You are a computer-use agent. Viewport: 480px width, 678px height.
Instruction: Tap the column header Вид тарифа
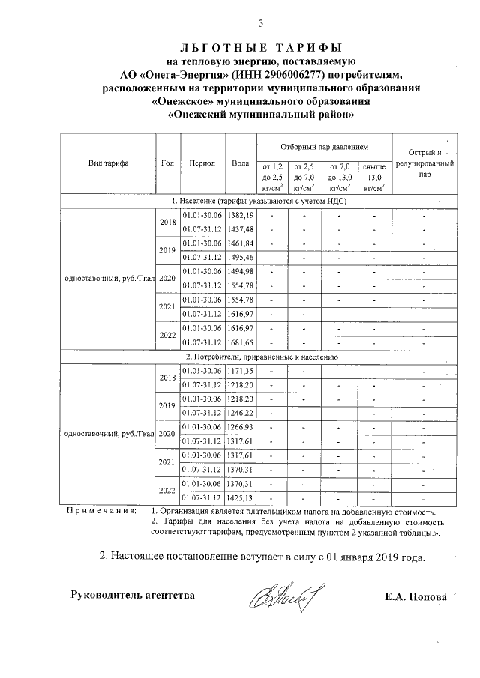click(108, 163)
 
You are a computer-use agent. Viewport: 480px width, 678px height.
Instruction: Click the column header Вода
click(241, 163)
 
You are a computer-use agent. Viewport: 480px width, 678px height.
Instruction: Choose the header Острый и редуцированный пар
click(424, 163)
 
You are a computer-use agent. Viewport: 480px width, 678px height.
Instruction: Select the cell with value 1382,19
click(241, 215)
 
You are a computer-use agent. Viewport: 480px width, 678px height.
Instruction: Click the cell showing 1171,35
click(241, 370)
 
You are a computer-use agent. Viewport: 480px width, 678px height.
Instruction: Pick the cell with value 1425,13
click(241, 497)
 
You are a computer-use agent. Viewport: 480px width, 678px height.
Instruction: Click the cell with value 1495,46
click(241, 257)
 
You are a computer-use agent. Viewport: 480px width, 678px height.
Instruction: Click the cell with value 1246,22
click(241, 413)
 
